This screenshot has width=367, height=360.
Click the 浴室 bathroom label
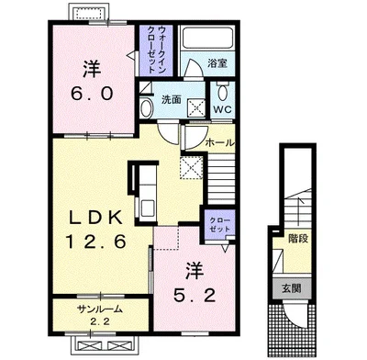click(217, 63)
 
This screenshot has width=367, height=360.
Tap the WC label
click(222, 109)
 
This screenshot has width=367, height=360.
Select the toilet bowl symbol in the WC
click(222, 92)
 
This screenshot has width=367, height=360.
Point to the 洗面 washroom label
click(172, 99)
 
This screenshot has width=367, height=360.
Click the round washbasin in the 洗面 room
click(147, 108)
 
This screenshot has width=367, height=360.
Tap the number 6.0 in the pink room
click(92, 94)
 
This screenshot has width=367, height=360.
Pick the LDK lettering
click(96, 219)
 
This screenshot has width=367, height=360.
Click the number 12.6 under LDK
click(95, 242)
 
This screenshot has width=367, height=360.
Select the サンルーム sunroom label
click(100, 309)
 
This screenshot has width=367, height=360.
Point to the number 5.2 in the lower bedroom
click(195, 296)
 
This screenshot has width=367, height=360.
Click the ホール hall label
click(220, 142)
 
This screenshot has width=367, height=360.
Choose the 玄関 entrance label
click(292, 288)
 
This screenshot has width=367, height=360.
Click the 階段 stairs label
click(298, 239)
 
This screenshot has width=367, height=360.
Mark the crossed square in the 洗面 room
click(196, 107)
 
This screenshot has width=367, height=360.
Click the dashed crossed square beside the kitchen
click(192, 167)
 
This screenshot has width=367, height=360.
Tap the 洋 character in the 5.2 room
click(195, 271)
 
